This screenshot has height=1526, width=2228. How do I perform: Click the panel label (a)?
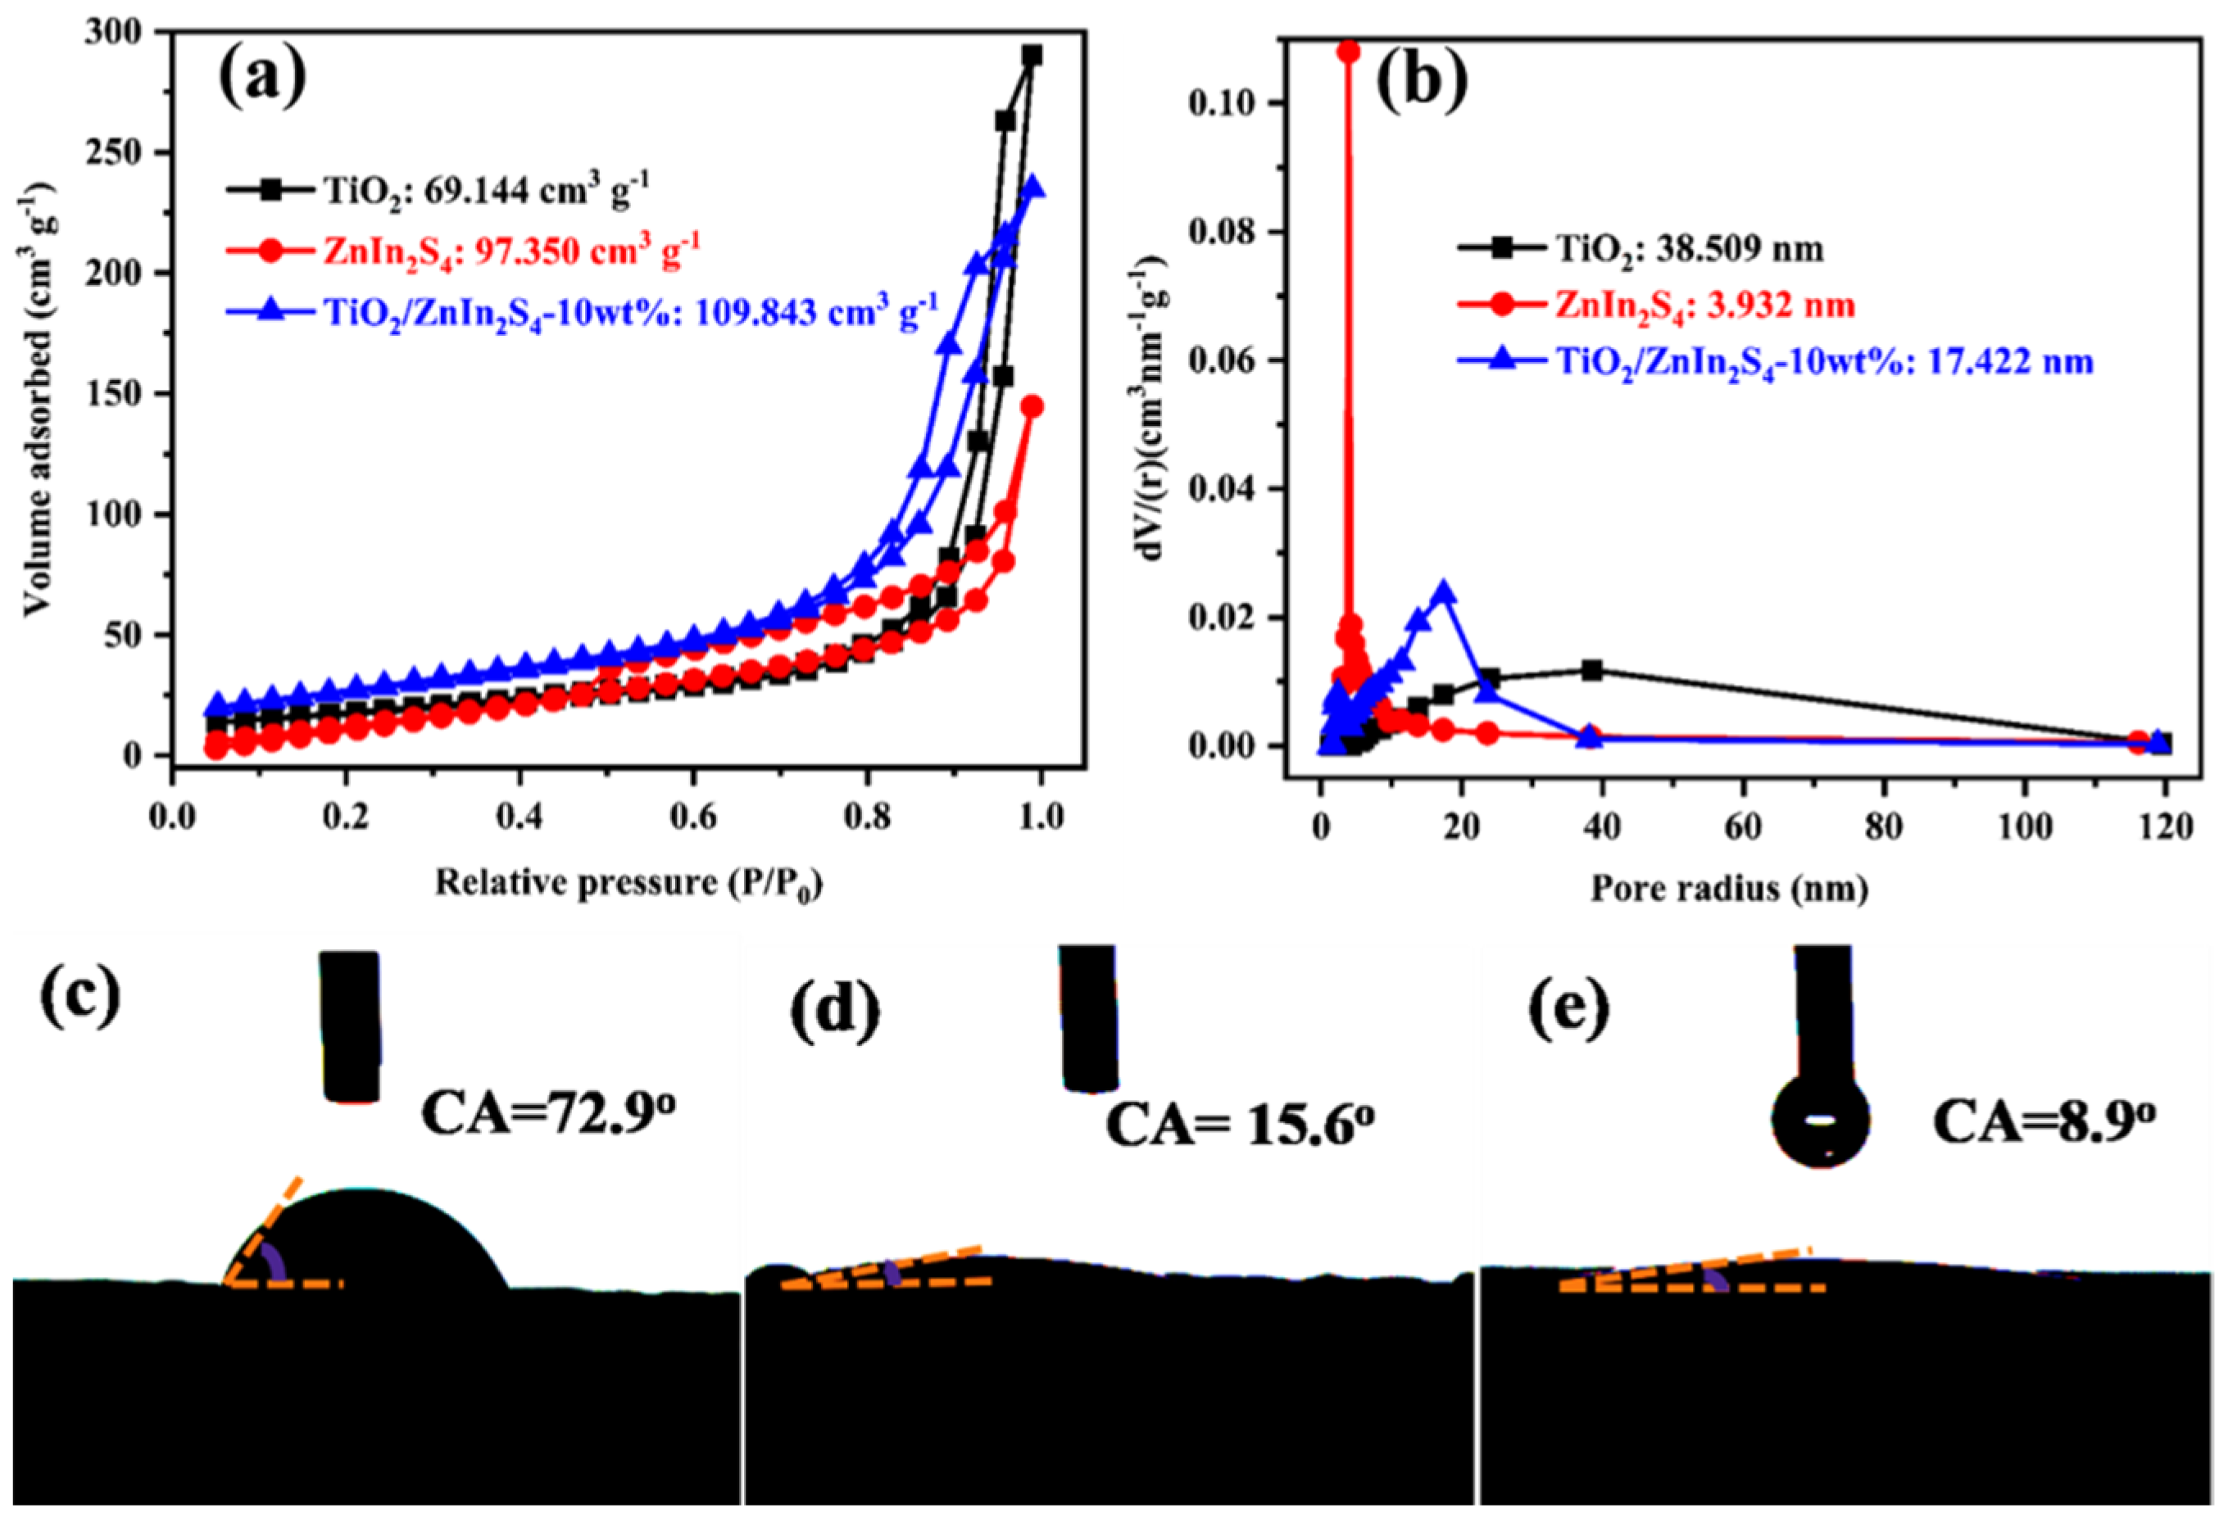[x=263, y=79]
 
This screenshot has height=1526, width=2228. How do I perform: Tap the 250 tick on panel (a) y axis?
[x=142, y=153]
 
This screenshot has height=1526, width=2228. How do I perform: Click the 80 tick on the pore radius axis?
[x=1885, y=826]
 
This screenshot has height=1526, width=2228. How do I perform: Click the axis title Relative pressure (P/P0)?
[x=630, y=883]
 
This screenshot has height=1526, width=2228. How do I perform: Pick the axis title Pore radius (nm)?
[x=1730, y=889]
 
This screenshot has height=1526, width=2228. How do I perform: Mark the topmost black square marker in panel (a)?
[x=1032, y=57]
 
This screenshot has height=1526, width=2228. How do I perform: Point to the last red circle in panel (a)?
[x=1032, y=406]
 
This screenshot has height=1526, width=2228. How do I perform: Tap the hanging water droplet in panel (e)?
[x=1821, y=1119]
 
